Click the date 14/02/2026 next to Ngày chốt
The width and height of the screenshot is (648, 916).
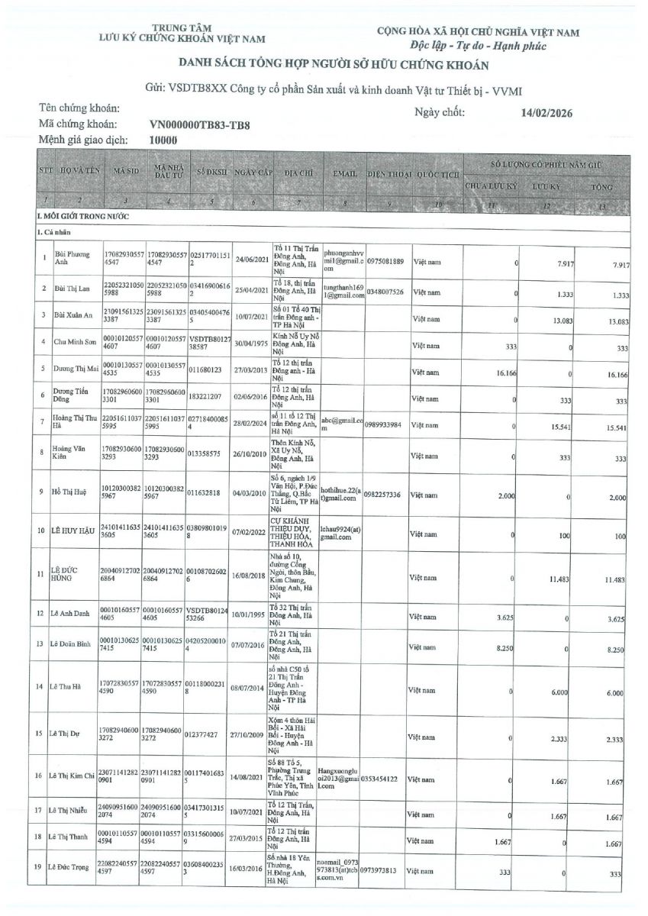(x=544, y=114)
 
